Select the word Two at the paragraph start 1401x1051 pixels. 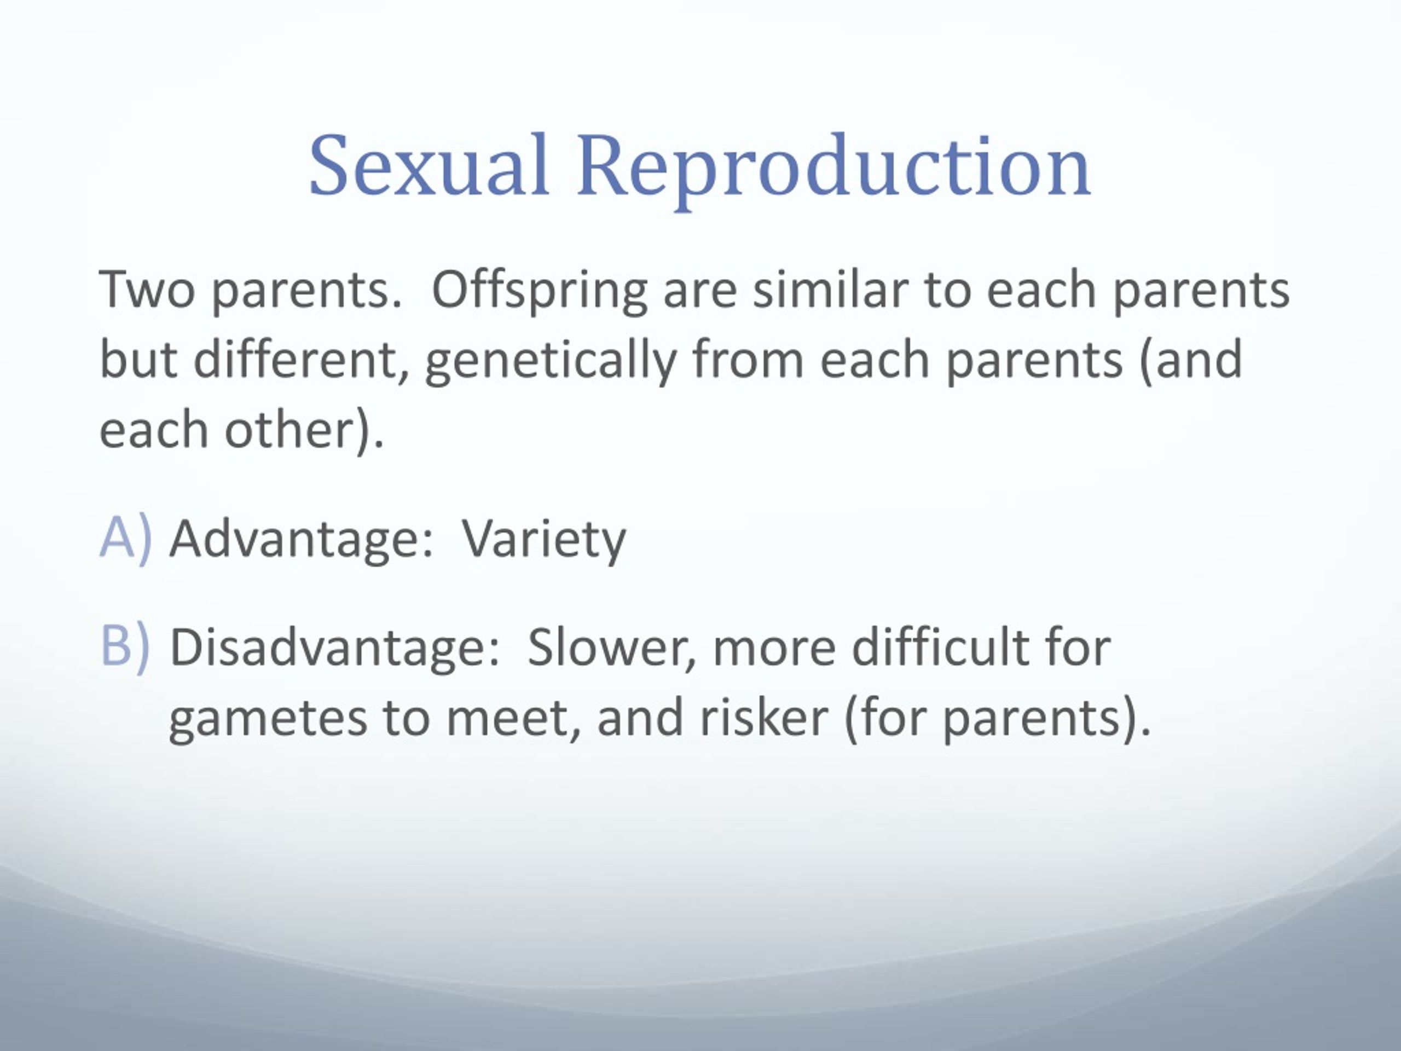coord(147,290)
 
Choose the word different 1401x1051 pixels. coord(301,359)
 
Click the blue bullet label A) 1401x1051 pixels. coord(126,539)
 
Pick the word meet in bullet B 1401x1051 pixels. coord(513,719)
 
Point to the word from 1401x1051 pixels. coord(748,359)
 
